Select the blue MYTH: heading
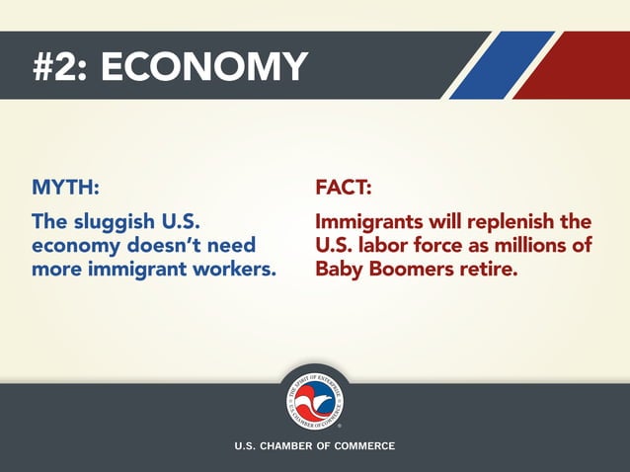[x=65, y=188]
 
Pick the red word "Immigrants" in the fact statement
[x=371, y=220]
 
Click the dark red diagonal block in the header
[x=583, y=65]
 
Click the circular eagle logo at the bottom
[x=314, y=399]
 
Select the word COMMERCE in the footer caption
[x=363, y=446]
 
